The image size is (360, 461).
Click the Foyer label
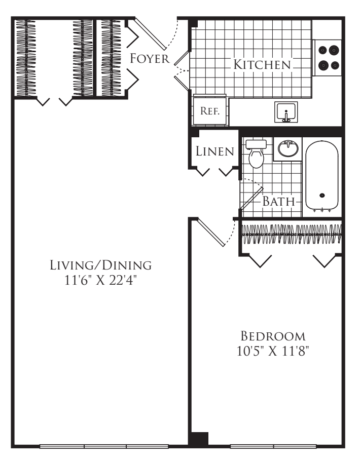point(149,59)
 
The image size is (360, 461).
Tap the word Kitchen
point(262,65)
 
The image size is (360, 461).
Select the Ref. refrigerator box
point(209,111)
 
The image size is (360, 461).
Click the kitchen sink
point(286,112)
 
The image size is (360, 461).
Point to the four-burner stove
point(328,58)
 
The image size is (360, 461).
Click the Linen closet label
point(214,150)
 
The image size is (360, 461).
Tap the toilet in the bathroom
point(256,153)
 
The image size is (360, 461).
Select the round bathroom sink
point(289,149)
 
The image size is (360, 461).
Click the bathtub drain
point(322,195)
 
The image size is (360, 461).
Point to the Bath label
point(278,201)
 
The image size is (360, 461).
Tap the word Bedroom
point(273,336)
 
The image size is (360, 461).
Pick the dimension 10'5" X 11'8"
point(273,351)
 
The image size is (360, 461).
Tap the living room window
point(104,446)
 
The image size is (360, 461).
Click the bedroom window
point(274,446)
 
